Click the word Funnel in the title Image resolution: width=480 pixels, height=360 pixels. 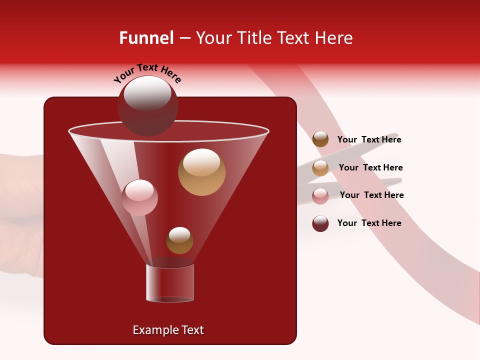pyautogui.click(x=146, y=38)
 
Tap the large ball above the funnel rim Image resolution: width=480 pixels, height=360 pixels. pyautogui.click(x=147, y=106)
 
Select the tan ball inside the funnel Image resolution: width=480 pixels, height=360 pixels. pyautogui.click(x=201, y=172)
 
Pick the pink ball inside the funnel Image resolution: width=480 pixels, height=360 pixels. pyautogui.click(x=139, y=197)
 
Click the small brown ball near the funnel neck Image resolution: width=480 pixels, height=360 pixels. pyautogui.click(x=179, y=240)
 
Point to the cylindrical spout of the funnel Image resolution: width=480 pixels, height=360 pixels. pyautogui.click(x=170, y=283)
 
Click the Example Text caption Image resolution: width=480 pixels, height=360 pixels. pyautogui.click(x=168, y=330)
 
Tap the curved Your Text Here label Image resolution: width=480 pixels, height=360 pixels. pyautogui.click(x=147, y=73)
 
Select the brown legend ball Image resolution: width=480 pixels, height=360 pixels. pyautogui.click(x=320, y=139)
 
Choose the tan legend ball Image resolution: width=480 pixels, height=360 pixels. pyautogui.click(x=320, y=168)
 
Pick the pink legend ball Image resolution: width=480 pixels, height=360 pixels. pyautogui.click(x=320, y=196)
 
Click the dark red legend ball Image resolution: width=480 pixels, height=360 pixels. pyautogui.click(x=320, y=223)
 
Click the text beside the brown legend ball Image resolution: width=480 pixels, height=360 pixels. pyautogui.click(x=369, y=140)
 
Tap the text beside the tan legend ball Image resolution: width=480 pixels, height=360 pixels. pyautogui.click(x=370, y=168)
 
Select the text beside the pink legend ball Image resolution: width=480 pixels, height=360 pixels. pyautogui.click(x=371, y=195)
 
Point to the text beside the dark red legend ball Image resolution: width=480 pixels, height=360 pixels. pyautogui.click(x=369, y=223)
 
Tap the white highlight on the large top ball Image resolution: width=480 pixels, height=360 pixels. pyautogui.click(x=147, y=93)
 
